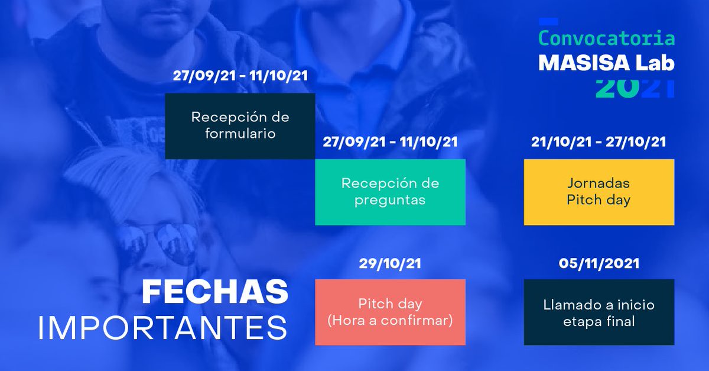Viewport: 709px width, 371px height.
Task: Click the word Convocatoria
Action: point(606,39)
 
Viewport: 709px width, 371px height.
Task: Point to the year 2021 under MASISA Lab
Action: point(635,88)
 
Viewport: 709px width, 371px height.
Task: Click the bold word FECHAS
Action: point(215,292)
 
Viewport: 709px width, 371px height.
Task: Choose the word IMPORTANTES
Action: point(162,328)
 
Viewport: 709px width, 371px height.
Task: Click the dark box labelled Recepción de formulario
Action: point(240,125)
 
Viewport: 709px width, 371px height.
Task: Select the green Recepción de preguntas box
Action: point(390,192)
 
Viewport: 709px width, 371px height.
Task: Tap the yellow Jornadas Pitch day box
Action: point(599,192)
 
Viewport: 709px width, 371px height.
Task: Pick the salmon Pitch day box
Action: point(390,312)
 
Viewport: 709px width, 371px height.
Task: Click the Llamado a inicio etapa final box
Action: point(599,312)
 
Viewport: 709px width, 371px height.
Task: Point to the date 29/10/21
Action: point(390,264)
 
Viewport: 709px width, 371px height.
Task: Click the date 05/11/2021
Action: point(599,264)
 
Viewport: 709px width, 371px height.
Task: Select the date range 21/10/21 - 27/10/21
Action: point(599,142)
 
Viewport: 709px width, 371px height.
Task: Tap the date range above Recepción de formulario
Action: point(240,76)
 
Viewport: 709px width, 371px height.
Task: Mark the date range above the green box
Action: point(390,142)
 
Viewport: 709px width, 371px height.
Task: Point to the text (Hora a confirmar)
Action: point(390,321)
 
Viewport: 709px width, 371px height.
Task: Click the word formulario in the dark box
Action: point(240,133)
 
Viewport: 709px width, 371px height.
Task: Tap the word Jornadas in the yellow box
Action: point(599,183)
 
